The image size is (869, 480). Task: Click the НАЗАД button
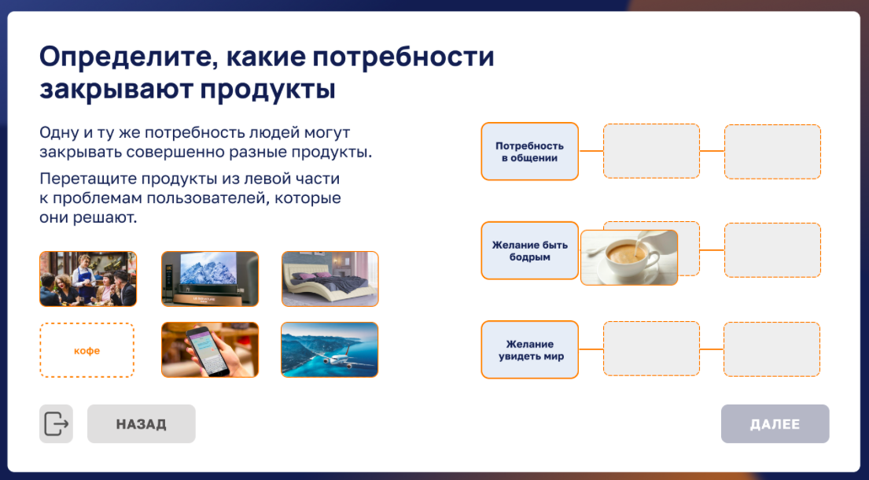[x=142, y=423]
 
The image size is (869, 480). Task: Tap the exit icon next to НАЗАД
[x=56, y=423]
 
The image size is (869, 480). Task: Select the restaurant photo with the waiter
[x=88, y=279]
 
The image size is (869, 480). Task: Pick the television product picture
[x=210, y=279]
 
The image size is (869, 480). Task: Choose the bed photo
[x=330, y=279]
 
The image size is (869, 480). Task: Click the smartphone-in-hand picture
[x=210, y=349]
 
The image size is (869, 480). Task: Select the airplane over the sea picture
[x=330, y=349]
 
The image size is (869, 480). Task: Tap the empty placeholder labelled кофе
[x=87, y=350]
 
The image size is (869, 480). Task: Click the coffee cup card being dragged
[x=630, y=258]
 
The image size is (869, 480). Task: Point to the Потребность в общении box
[x=530, y=151]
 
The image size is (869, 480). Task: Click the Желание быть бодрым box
[x=530, y=250]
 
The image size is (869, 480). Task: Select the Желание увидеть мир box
[x=530, y=349]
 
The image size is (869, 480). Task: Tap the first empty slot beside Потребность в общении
[x=651, y=151]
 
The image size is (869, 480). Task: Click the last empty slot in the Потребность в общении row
[x=772, y=152]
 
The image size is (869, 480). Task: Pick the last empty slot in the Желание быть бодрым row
[x=772, y=250]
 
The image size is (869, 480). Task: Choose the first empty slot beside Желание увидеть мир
[x=651, y=349]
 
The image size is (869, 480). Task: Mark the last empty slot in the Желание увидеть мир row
[x=772, y=349]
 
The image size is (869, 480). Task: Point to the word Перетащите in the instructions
[x=88, y=179]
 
